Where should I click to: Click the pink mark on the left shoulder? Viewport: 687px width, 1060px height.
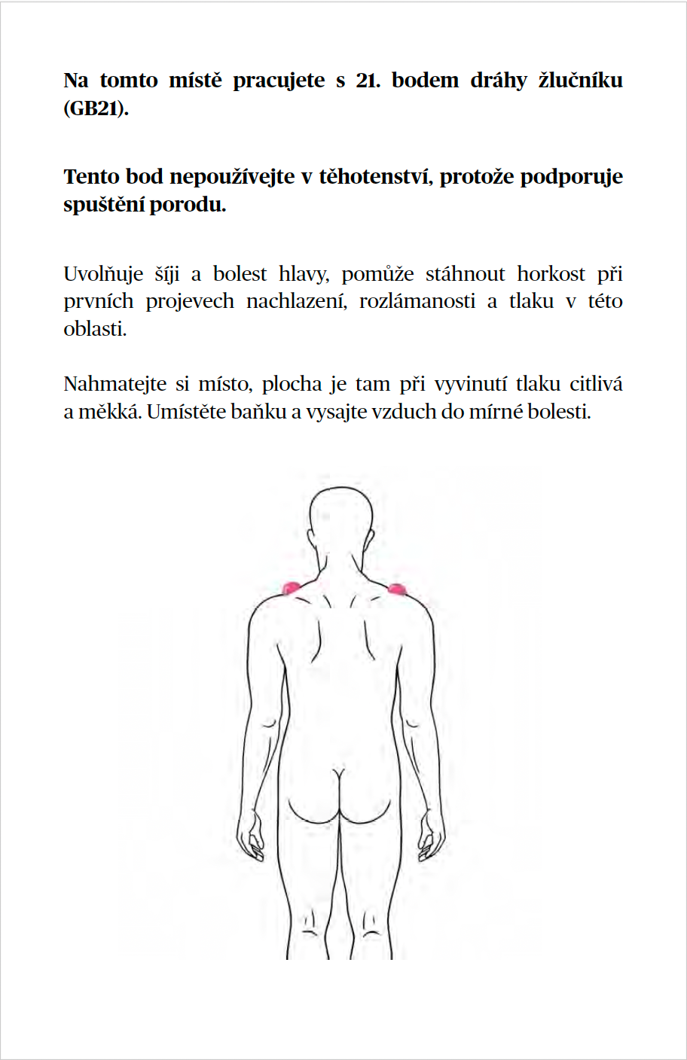291,586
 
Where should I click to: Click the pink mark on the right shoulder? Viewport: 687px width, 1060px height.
397,588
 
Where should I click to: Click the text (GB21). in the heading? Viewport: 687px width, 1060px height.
96,108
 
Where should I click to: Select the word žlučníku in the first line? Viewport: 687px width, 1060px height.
580,81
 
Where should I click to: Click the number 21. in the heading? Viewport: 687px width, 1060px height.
368,81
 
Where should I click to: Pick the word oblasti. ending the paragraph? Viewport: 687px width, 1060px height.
95,329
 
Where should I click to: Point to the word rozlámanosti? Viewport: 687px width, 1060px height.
417,301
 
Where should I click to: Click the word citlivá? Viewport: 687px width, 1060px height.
597,384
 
